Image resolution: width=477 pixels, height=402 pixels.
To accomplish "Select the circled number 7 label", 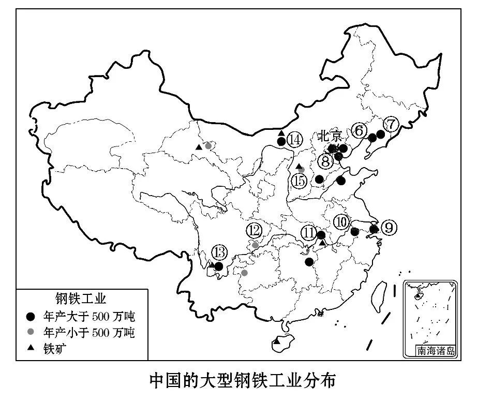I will coord(391,124).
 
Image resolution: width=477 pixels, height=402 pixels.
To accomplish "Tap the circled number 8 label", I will coord(325,161).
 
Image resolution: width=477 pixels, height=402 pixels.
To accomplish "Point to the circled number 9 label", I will coord(389,227).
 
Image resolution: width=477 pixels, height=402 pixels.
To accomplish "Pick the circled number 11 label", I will coord(309,232).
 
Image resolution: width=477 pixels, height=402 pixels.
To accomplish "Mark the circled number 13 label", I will coord(219,253).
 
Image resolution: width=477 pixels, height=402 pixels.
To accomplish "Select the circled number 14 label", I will coord(294,140).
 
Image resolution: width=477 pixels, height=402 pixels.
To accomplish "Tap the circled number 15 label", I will coord(299,181).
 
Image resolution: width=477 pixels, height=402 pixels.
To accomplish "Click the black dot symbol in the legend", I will coord(31,316).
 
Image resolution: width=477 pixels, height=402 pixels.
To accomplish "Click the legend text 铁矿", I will coord(56,348).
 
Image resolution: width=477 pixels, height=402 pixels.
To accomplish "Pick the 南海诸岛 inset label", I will coord(436,351).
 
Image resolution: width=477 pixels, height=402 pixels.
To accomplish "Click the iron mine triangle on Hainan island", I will coord(277,341).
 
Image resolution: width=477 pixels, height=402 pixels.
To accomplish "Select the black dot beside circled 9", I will coord(374,229).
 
